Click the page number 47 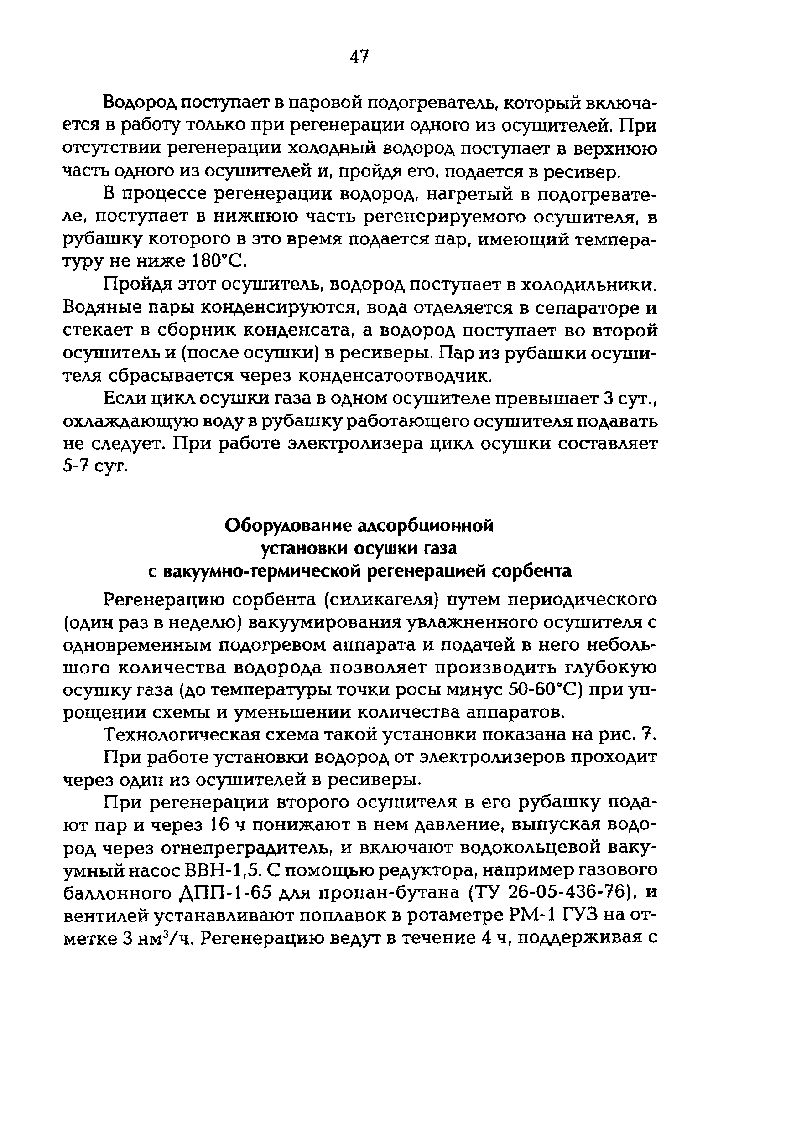(x=359, y=57)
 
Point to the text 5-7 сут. (x=96, y=466)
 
